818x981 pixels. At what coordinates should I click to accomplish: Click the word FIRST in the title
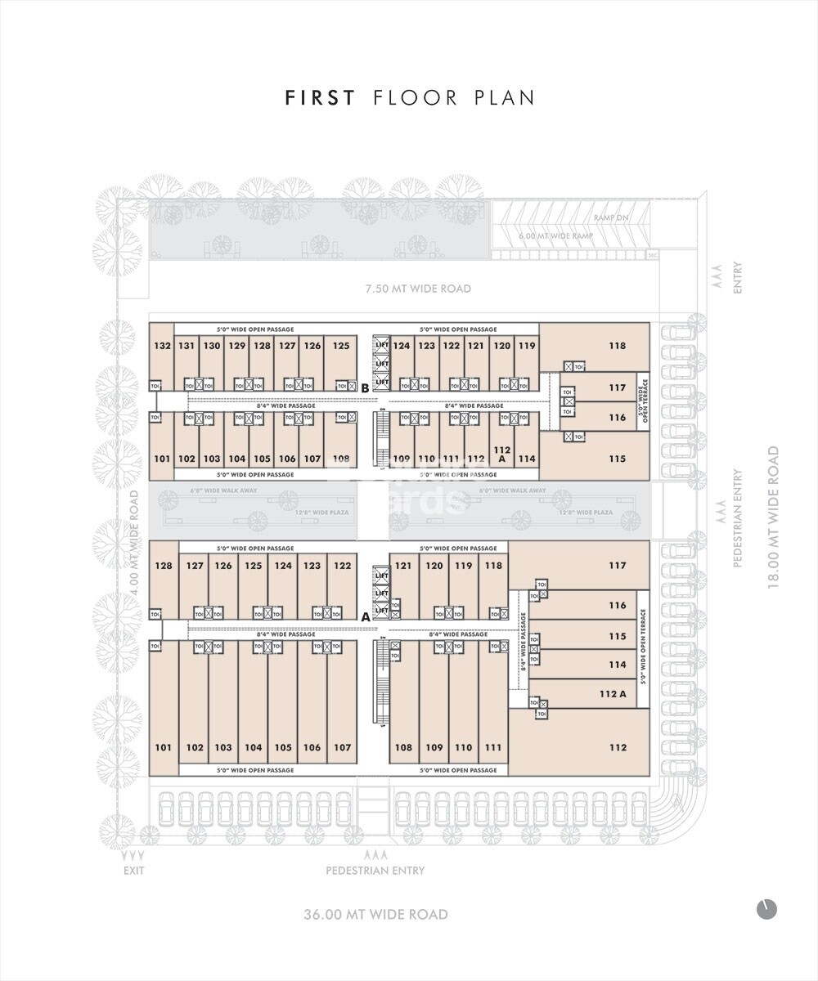coord(320,98)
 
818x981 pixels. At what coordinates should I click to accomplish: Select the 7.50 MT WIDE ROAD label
coord(418,289)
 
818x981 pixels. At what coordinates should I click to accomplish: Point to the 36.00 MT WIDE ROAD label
coord(375,914)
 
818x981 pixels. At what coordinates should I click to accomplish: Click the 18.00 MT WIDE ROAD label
coord(773,517)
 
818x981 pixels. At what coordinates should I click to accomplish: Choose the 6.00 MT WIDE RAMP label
coord(555,236)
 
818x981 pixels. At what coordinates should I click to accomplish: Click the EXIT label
coord(133,871)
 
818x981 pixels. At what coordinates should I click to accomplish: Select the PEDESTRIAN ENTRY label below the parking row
coord(375,871)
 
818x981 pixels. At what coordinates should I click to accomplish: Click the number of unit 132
coord(162,346)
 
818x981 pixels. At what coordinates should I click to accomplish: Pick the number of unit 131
coord(187,346)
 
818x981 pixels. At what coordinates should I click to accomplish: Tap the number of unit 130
coord(212,346)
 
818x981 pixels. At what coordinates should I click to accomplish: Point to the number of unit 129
coord(237,346)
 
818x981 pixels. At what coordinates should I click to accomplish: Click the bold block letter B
coord(365,388)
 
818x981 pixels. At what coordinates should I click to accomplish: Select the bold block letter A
coord(366,617)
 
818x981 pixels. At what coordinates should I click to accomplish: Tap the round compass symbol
coord(766,909)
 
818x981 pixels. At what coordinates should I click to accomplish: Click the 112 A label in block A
coord(613,694)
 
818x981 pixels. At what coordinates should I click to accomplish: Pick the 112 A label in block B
coord(502,455)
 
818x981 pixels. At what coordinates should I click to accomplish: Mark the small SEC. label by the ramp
coord(652,255)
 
